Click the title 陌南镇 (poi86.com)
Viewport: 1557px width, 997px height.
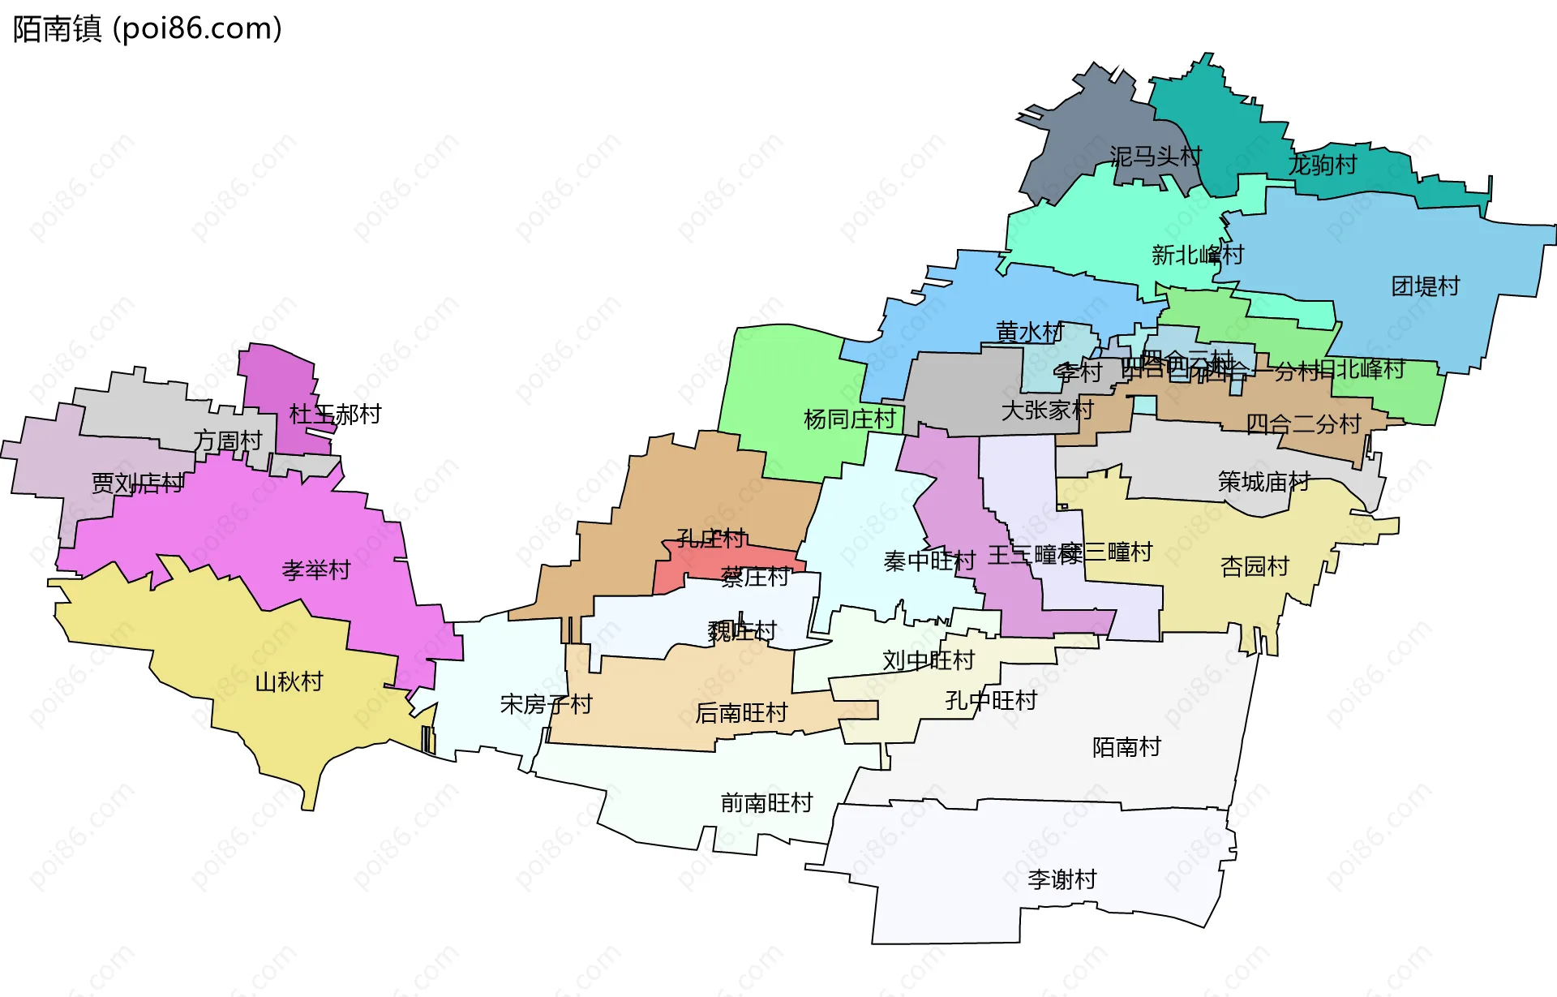[x=148, y=28]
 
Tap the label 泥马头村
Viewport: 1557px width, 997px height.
[x=1156, y=156]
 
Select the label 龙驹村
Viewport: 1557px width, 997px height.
[x=1323, y=165]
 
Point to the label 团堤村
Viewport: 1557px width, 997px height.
[x=1425, y=286]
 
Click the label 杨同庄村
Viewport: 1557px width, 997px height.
[x=849, y=419]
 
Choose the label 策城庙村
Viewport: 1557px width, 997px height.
[x=1263, y=482]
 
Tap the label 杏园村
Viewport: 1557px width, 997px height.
[x=1255, y=565]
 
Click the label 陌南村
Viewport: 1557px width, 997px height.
[x=1126, y=746]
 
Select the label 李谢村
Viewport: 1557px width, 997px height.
[x=1062, y=879]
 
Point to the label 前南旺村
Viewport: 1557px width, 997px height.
[x=766, y=802]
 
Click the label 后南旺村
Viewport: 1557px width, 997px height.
[x=741, y=712]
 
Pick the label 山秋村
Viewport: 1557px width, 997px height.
[x=289, y=681]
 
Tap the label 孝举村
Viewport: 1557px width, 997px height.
[x=316, y=569]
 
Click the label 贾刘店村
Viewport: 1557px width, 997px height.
[x=137, y=483]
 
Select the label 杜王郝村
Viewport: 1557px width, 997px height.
[x=335, y=415]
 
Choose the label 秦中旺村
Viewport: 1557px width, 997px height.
[x=929, y=561]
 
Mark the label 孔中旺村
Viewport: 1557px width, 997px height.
[x=991, y=700]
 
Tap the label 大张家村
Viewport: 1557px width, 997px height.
[x=1047, y=410]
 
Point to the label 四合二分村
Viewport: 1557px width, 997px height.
[x=1302, y=423]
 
